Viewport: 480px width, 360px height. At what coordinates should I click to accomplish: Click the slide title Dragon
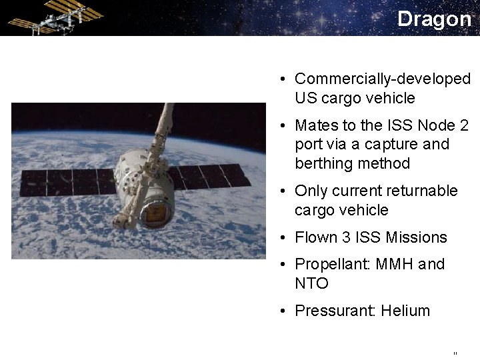(434, 19)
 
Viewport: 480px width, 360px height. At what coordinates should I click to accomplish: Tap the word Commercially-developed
(382, 79)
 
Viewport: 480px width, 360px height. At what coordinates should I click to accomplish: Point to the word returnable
(424, 191)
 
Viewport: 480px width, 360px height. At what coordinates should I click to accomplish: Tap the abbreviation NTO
(311, 283)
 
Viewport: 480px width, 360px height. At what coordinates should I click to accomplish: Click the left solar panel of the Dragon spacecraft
(67, 181)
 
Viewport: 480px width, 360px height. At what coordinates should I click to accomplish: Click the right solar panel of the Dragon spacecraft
(210, 176)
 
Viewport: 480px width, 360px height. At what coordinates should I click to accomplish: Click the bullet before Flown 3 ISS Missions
(283, 238)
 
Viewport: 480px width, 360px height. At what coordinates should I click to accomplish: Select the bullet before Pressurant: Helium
(283, 311)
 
